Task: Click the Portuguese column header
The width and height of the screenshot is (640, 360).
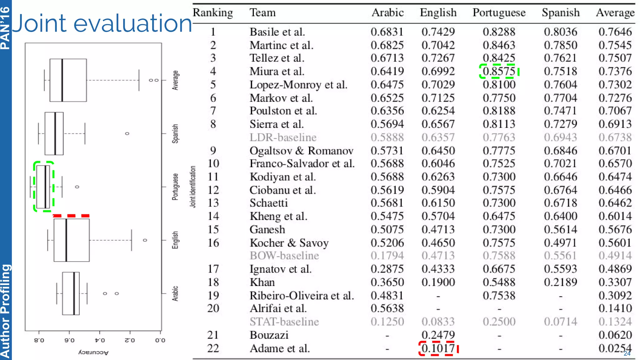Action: coord(499,13)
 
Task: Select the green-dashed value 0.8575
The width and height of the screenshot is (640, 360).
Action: coord(499,71)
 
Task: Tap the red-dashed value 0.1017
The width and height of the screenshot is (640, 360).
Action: coord(438,348)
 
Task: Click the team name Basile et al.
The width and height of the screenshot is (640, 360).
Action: coord(277,32)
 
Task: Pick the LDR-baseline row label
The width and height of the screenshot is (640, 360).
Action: coord(283,137)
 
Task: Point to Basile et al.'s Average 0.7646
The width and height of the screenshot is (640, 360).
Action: coord(615,32)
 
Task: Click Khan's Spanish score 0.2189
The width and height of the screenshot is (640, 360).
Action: coord(560,282)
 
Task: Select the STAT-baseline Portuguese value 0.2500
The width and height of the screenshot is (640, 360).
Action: coord(499,322)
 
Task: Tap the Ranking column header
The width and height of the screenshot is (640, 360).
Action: coord(212,13)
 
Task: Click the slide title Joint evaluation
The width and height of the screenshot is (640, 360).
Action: coord(102,23)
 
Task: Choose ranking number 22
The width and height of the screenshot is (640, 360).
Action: coord(213,348)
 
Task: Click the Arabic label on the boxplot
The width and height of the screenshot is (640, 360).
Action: coord(175,293)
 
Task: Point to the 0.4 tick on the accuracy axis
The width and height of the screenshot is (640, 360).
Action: coord(100,340)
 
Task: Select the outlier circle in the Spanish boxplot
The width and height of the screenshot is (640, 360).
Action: coord(127,133)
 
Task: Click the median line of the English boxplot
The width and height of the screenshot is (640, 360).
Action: coord(66,240)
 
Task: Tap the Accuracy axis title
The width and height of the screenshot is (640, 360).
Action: coord(93,352)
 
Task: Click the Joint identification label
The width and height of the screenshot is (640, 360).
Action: coord(193,187)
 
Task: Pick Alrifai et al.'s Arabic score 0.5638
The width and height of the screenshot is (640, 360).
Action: coord(387,308)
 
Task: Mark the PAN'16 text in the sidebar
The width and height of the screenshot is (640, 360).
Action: coord(5,28)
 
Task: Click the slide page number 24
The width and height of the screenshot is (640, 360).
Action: coord(627,353)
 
